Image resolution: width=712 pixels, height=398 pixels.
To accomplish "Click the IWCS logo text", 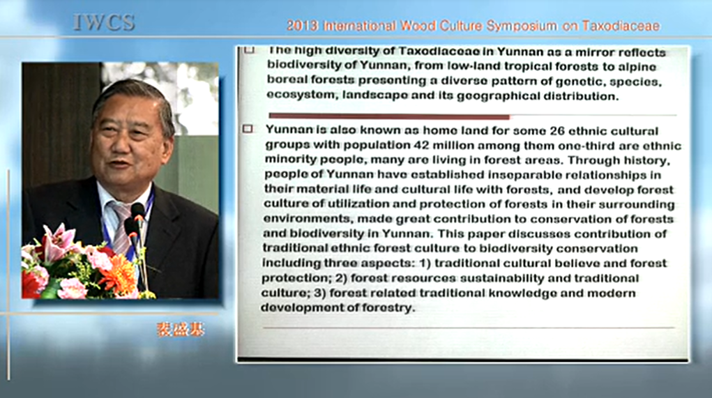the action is coord(104,23).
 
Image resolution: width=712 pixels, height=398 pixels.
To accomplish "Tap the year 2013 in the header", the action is coord(302,26).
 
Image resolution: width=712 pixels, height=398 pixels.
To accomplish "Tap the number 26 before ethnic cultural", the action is coord(557,131).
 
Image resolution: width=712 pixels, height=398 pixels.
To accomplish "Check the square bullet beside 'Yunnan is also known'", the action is coord(248,129).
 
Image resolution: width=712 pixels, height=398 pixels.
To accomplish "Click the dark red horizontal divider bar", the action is coord(389,116).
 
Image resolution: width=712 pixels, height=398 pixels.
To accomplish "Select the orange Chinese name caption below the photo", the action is coord(181,330).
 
